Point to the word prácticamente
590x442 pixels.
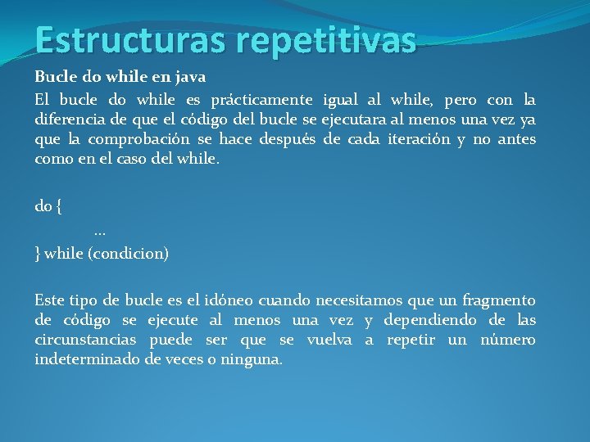[x=261, y=100]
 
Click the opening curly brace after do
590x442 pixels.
[x=58, y=207]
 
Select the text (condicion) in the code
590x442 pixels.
[x=127, y=254]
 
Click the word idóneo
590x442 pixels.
[x=235, y=300]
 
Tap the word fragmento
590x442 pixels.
[x=497, y=300]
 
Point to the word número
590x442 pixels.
[x=508, y=340]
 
